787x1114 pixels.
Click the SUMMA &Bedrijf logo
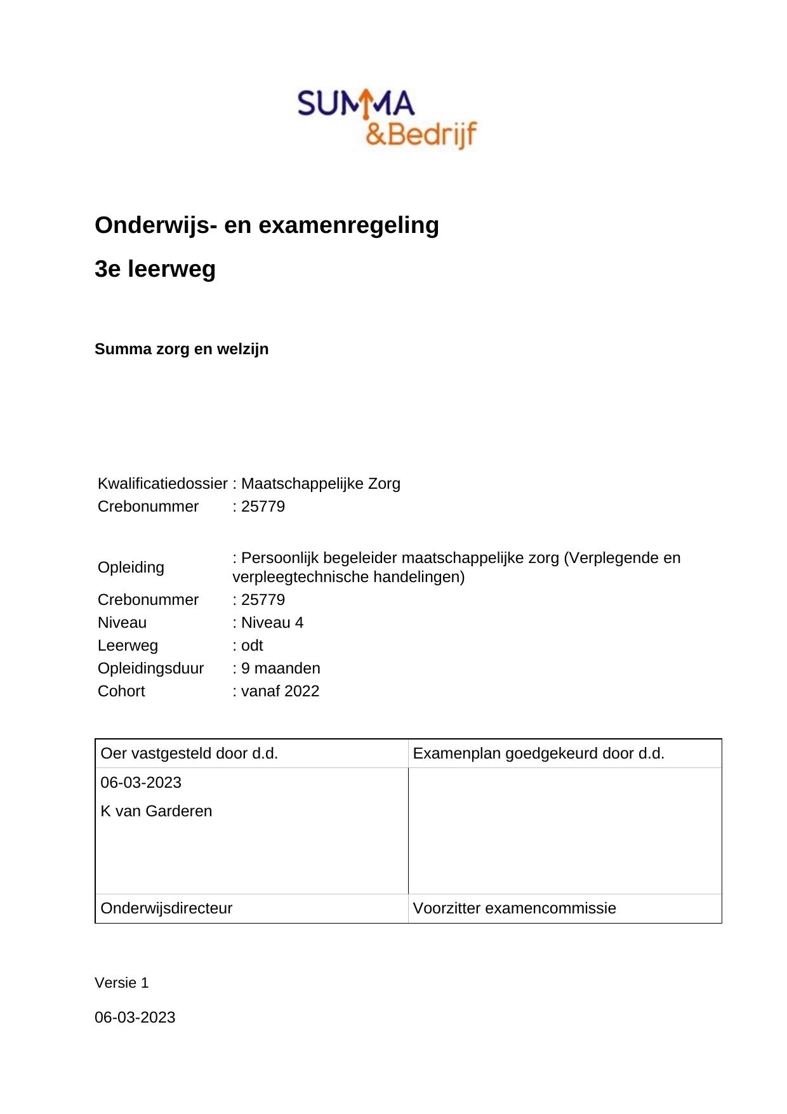pos(387,119)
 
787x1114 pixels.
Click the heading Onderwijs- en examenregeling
pos(267,225)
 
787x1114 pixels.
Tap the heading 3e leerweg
pos(155,269)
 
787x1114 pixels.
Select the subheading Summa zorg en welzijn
pos(182,349)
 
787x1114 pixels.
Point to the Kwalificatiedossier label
pos(162,484)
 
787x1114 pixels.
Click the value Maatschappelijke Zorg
pos(321,484)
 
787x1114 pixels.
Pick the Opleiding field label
pos(131,567)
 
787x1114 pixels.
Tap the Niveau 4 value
pos(272,623)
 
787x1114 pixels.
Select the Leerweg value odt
pos(251,646)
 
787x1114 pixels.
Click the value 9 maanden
pos(280,668)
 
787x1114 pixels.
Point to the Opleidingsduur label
pos(150,668)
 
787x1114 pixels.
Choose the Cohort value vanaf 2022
pos(279,691)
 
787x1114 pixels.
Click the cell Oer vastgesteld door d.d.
pos(189,753)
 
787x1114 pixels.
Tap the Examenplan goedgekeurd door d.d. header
pos(538,753)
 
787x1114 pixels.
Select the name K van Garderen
pos(156,811)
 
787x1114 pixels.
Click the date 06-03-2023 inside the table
pos(141,783)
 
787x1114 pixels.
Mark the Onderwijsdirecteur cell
pos(166,908)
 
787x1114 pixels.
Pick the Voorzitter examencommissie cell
pos(514,908)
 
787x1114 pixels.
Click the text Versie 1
pos(121,983)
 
